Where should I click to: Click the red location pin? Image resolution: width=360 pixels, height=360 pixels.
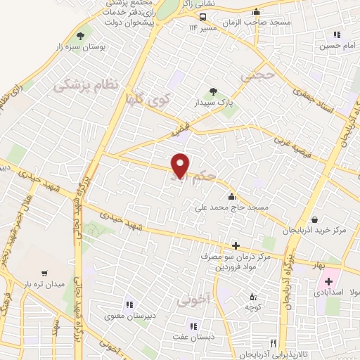point(181,165)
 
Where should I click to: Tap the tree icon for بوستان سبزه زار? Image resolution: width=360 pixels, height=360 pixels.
point(82,35)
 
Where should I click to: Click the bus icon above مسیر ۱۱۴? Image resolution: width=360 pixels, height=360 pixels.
point(202,18)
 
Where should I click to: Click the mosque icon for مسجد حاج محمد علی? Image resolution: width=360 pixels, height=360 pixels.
point(231,196)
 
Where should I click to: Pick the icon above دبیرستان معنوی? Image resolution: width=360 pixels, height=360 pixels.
point(129,304)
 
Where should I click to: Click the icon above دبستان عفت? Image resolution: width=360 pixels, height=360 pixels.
point(193,326)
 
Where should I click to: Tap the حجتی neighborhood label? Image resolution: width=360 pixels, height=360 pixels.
point(255,75)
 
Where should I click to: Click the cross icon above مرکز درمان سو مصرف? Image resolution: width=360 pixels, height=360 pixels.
point(236,245)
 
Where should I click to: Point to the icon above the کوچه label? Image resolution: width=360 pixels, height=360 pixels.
point(252,296)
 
